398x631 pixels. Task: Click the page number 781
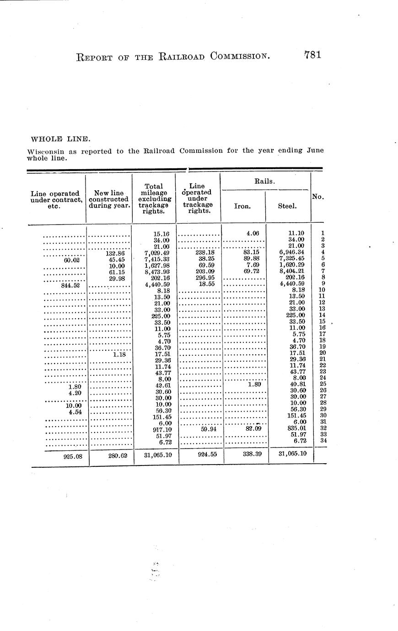point(312,55)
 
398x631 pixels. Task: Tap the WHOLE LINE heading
point(54,139)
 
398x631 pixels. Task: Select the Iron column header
point(242,206)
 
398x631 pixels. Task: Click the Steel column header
point(287,206)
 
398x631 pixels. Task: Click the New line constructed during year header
point(108,199)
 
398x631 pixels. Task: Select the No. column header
point(317,197)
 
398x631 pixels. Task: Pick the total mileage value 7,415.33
point(157,259)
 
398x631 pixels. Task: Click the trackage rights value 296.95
point(204,278)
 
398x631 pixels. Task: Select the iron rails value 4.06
point(253,233)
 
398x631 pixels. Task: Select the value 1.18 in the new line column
point(119,353)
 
